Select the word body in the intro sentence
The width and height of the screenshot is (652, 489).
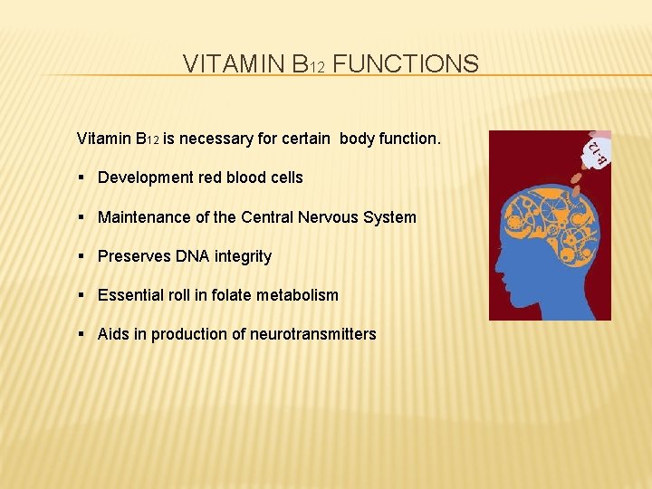[x=359, y=139]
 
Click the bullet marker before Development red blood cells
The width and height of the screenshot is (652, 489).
[x=82, y=177]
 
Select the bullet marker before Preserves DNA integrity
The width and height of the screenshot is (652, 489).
[x=82, y=256]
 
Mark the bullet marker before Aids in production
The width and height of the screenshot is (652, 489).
[x=82, y=334]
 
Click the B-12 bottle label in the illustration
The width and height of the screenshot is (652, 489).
[x=594, y=153]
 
